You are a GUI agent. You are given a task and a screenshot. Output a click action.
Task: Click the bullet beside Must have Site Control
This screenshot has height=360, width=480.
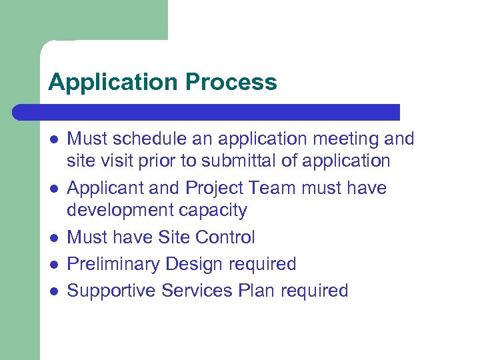53,237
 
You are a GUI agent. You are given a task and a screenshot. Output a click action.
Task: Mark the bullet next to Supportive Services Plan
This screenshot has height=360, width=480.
53,291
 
